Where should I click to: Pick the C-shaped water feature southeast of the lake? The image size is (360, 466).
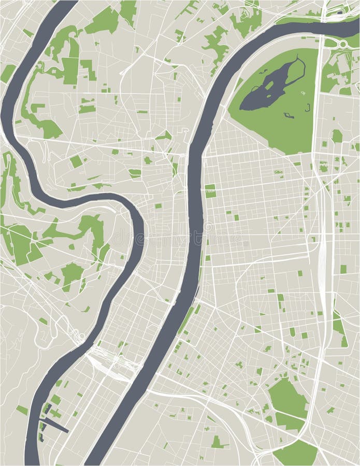(x=307, y=108)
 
